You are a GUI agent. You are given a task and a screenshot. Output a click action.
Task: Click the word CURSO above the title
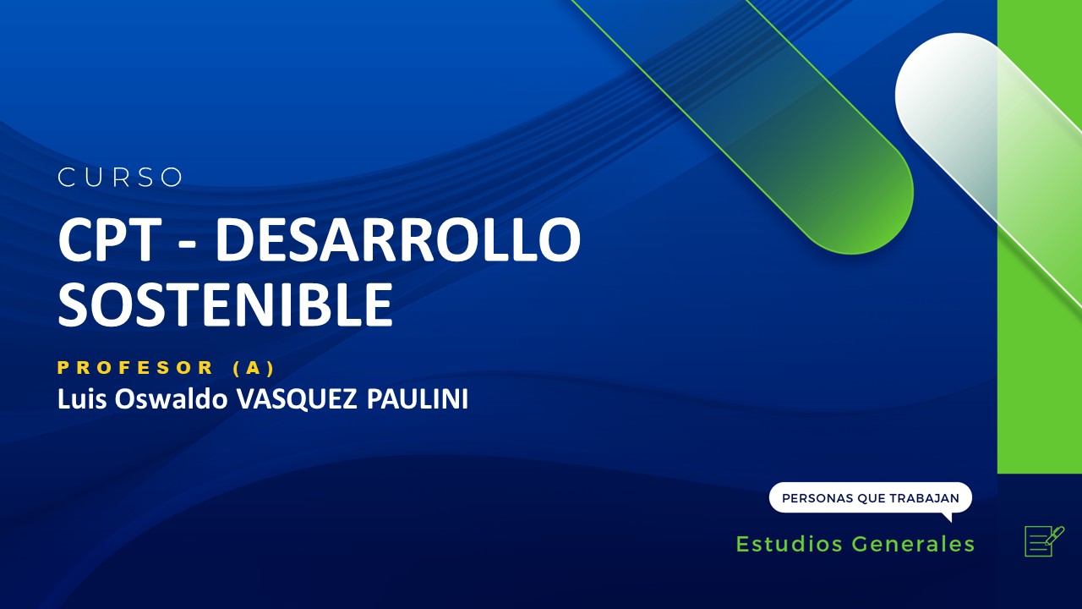pos(121,178)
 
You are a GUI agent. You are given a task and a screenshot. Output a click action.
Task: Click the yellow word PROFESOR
pos(136,368)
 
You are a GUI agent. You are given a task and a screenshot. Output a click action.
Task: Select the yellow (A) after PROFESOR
pos(254,368)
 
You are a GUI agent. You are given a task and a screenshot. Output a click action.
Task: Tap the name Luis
pos(77,399)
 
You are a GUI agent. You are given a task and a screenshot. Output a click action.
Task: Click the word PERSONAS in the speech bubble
pos(817,498)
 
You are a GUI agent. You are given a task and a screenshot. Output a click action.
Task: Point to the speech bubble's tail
pos(946,516)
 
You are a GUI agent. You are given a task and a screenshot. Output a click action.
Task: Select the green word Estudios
pos(790,544)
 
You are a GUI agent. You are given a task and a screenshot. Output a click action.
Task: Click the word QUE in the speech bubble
pos(871,498)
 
